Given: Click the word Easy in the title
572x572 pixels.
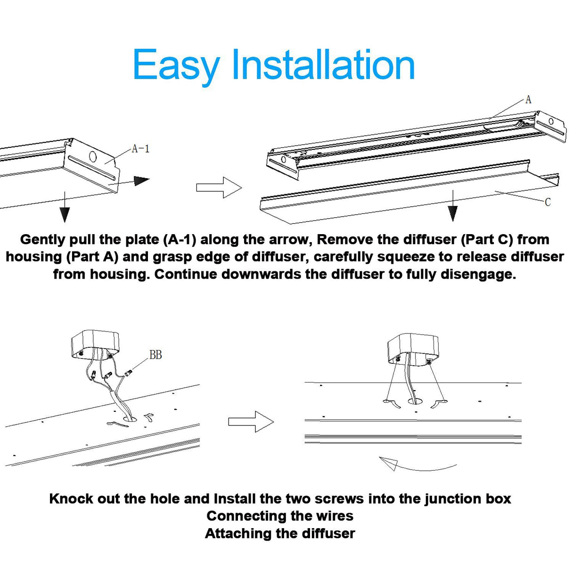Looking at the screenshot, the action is tap(177, 67).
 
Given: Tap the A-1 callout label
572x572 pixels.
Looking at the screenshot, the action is tap(141, 148).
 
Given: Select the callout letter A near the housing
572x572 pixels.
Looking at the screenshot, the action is tap(528, 99).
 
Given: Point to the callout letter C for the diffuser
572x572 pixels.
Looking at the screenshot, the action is tap(547, 202).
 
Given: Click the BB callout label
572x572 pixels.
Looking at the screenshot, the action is tap(155, 355).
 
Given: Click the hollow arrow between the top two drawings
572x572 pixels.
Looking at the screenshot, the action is tap(219, 188).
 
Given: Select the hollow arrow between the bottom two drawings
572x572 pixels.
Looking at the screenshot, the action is tap(251, 422).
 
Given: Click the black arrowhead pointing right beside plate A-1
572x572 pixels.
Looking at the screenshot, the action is tap(141, 181).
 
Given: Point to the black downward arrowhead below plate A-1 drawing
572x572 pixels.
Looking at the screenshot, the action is tap(65, 214).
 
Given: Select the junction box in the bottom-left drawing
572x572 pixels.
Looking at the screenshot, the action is tap(95, 345).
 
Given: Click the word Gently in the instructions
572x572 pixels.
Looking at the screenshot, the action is tap(42, 240).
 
